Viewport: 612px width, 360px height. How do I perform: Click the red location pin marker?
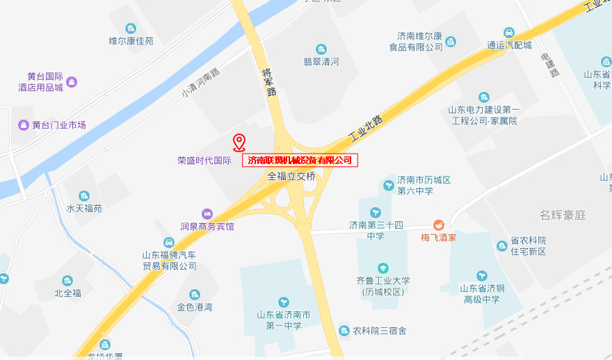pyautogui.click(x=239, y=142)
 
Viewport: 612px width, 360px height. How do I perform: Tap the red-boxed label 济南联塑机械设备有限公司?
pyautogui.click(x=300, y=161)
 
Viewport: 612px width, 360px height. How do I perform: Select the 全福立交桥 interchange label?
pyautogui.click(x=291, y=177)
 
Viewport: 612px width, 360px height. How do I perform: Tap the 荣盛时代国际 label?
pyautogui.click(x=204, y=160)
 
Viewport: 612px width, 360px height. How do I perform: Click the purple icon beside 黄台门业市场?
pyautogui.click(x=23, y=125)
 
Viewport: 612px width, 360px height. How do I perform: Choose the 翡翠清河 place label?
pyautogui.click(x=321, y=62)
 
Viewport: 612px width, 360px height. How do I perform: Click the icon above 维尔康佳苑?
pyautogui.click(x=131, y=28)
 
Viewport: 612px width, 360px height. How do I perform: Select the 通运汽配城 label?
pyautogui.click(x=509, y=45)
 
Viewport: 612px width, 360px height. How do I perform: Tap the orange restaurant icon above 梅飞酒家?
pyautogui.click(x=439, y=224)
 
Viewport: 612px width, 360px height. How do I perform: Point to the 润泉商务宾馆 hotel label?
pyautogui.click(x=207, y=226)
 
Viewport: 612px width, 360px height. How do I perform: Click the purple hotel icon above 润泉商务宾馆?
pyautogui.click(x=207, y=213)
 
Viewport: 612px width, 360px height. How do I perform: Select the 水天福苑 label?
pyautogui.click(x=84, y=208)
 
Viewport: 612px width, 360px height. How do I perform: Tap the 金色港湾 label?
pyautogui.click(x=194, y=306)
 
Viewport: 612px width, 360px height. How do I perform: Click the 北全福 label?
pyautogui.click(x=67, y=293)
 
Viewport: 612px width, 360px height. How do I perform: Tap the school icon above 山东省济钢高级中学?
pyautogui.click(x=482, y=275)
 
